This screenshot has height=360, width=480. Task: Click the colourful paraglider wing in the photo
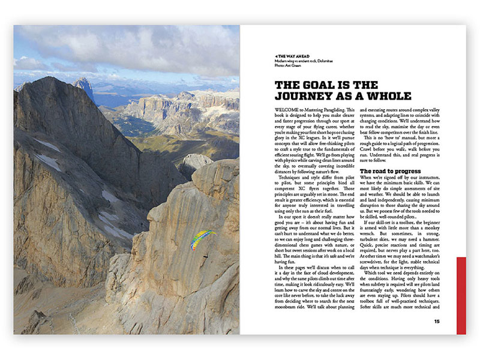203,239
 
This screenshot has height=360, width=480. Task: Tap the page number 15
438,321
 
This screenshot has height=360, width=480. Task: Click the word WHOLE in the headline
390,95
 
